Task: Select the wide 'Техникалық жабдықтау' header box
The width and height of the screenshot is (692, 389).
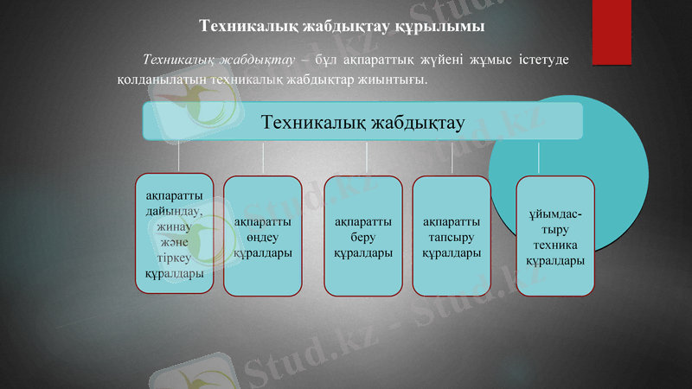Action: coord(362,122)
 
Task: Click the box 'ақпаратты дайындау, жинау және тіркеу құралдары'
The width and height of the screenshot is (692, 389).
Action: coord(175,234)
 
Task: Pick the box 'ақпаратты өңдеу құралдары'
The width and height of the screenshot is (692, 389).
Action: coord(262,236)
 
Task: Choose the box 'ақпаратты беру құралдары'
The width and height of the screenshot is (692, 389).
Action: coord(363,236)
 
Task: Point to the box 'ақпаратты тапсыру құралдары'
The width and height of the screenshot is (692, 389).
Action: coord(452,236)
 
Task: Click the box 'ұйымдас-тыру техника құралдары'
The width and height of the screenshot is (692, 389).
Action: coord(554,236)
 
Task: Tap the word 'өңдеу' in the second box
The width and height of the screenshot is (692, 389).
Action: coord(262,237)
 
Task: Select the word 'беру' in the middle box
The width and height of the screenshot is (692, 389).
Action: coord(363,237)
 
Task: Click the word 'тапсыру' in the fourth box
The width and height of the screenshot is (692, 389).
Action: coord(452,237)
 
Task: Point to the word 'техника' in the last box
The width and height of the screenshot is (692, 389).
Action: coord(554,245)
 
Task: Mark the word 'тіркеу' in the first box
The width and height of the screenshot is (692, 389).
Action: coord(175,258)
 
